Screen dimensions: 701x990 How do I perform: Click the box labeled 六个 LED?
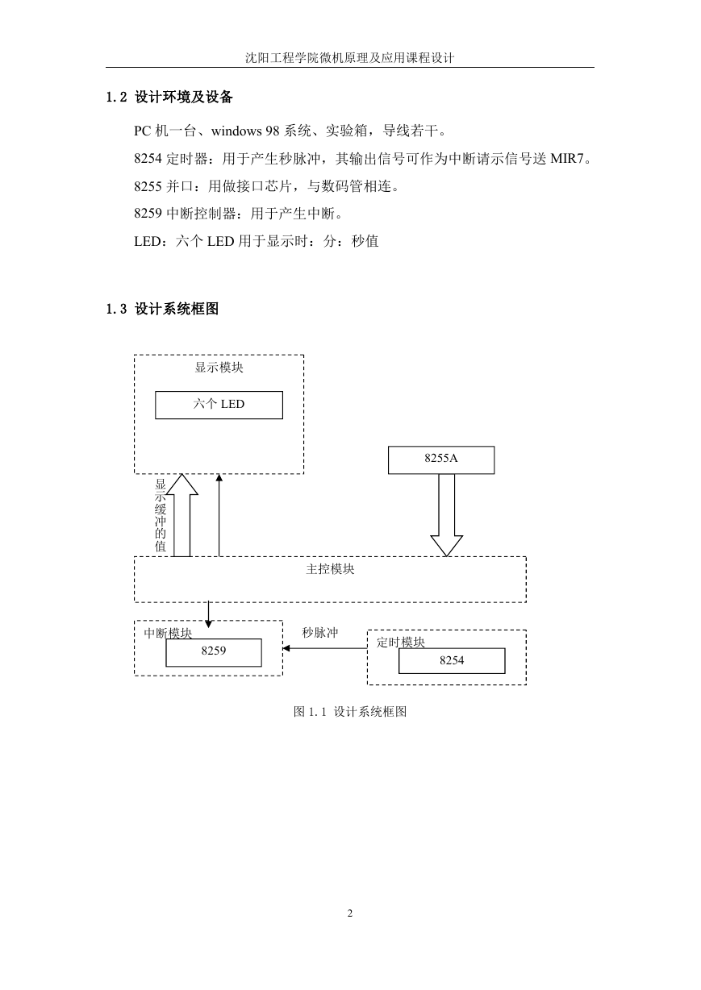(x=219, y=405)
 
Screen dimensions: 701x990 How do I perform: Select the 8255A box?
(x=441, y=460)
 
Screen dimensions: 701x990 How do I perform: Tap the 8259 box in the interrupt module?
(x=214, y=652)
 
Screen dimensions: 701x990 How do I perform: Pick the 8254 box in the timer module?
(x=452, y=661)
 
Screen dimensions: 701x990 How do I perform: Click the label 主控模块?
(x=330, y=569)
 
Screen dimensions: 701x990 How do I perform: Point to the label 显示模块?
(x=219, y=368)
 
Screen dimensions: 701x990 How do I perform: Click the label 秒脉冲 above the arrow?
(x=319, y=632)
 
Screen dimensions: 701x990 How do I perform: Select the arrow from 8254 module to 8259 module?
(x=325, y=648)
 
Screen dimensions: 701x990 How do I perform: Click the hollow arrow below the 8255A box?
(x=447, y=515)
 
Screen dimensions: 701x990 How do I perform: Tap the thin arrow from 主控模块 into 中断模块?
(x=208, y=614)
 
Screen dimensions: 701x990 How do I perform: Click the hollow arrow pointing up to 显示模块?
(x=182, y=515)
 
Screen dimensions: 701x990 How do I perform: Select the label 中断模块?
(x=168, y=634)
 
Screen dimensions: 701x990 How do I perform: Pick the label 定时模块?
(x=401, y=643)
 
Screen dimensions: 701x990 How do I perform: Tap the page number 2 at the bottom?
(x=350, y=913)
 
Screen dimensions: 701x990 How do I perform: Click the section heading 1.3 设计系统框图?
(x=162, y=309)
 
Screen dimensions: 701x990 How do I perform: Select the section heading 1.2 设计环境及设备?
(x=169, y=97)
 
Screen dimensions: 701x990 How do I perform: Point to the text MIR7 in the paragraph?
(x=567, y=159)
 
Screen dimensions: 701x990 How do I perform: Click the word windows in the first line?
(x=236, y=131)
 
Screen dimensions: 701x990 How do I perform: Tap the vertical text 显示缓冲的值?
(x=160, y=515)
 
